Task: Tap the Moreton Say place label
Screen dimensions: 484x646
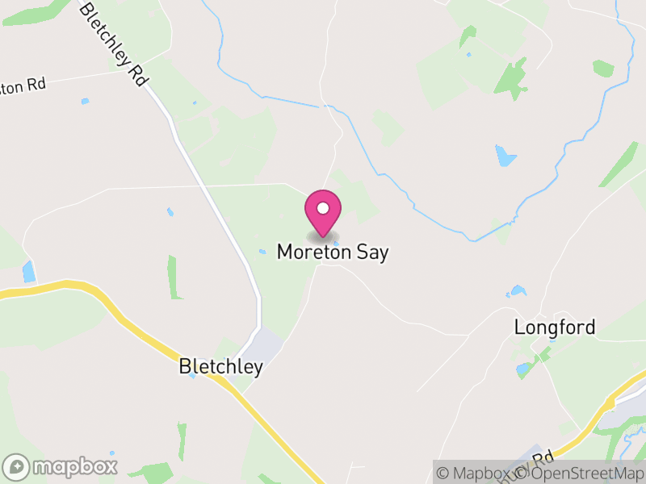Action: click(x=333, y=252)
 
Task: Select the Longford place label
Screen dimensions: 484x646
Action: click(x=555, y=328)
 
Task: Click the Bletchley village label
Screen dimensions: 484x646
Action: click(x=220, y=368)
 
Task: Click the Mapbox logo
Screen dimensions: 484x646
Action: click(x=61, y=466)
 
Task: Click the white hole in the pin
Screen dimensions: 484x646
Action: click(x=323, y=208)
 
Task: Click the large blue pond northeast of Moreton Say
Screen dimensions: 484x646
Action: click(x=505, y=155)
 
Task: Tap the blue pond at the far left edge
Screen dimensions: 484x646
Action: click(x=29, y=271)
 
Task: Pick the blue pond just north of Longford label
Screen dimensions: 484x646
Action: click(x=517, y=291)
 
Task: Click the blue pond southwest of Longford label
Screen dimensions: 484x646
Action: click(x=524, y=369)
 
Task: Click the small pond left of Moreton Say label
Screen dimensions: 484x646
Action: click(x=262, y=252)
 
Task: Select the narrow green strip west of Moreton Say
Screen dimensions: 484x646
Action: click(x=171, y=277)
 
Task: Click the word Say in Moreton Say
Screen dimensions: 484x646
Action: click(x=371, y=252)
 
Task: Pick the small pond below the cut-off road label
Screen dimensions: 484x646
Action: click(x=85, y=102)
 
